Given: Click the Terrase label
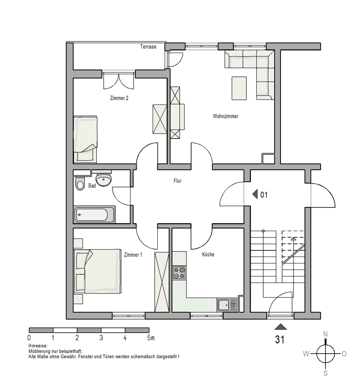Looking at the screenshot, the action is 148,46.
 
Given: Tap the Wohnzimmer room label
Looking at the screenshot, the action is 225,116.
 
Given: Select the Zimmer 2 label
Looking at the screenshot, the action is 119,98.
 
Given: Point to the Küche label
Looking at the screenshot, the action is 208,255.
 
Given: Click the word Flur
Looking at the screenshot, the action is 177,181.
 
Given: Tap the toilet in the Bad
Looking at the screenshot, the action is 80,183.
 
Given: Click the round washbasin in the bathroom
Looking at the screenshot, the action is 104,180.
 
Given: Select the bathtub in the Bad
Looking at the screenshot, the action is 94,214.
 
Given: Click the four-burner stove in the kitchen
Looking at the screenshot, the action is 179,273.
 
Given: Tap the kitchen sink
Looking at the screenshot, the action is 227,305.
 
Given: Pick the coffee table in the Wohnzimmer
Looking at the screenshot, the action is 239,88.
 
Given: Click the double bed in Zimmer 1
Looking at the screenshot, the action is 97,271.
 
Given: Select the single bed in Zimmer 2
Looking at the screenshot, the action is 86,139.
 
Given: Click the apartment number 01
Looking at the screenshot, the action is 264,195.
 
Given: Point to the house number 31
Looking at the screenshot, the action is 280,340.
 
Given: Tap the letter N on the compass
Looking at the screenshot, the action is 325,334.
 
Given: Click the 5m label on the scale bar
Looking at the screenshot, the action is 151,338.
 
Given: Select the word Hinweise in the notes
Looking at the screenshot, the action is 38,346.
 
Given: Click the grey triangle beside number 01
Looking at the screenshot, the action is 255,194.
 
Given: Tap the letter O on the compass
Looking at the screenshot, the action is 344,354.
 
